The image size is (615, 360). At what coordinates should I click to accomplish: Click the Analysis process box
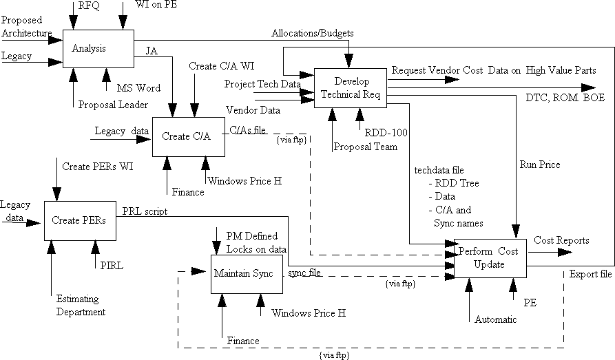click(x=97, y=48)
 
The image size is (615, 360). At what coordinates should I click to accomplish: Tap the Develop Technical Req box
click(x=351, y=88)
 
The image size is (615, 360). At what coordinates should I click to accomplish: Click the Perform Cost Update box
click(x=488, y=258)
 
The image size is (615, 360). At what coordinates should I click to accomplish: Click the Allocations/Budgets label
click(x=313, y=33)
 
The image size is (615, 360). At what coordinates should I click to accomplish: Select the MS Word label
click(x=138, y=88)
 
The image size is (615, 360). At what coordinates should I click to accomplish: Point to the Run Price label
click(x=540, y=165)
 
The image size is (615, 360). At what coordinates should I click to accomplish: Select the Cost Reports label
click(x=561, y=240)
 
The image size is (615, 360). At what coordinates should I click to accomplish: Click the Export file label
click(x=590, y=275)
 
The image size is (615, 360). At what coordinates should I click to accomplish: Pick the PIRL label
click(x=106, y=265)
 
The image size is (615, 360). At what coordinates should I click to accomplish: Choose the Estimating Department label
click(x=81, y=306)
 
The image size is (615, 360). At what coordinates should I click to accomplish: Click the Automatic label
click(x=495, y=319)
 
